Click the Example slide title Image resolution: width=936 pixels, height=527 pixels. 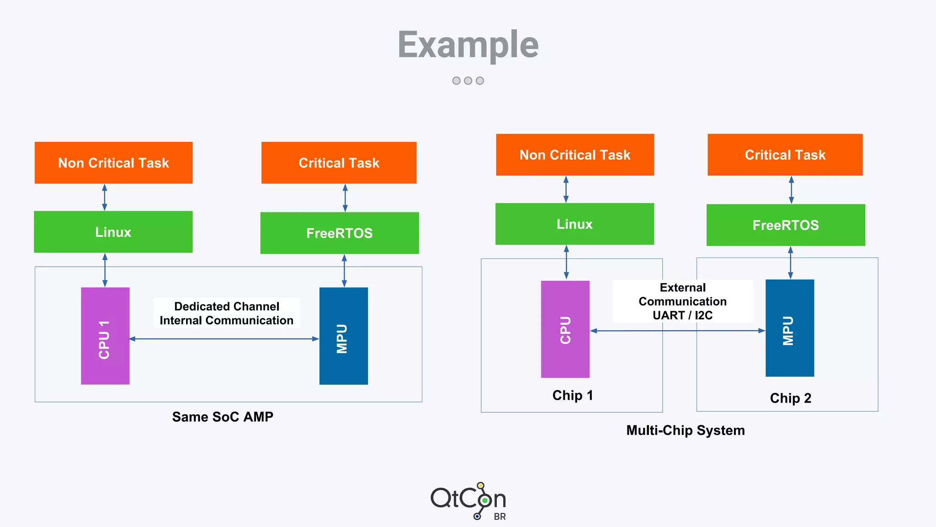[468, 44]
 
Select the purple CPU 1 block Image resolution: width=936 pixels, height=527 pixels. [105, 336]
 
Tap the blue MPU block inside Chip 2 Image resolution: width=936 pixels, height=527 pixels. [790, 328]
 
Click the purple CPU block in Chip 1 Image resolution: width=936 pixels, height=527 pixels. [565, 329]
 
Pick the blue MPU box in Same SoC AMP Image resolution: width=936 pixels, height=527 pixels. [344, 336]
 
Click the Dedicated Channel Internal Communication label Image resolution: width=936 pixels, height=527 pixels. [227, 313]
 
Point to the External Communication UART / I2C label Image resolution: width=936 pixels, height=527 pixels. [682, 301]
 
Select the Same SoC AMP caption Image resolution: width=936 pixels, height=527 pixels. [223, 417]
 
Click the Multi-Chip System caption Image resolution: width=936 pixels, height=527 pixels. [685, 430]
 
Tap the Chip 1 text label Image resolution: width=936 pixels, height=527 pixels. [572, 395]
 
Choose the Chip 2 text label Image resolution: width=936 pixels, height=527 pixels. [790, 398]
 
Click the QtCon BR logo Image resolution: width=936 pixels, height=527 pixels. [468, 501]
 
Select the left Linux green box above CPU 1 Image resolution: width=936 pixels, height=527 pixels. [113, 232]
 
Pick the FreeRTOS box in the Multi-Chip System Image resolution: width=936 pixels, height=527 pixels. [786, 225]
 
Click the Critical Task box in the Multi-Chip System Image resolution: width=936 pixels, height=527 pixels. [785, 155]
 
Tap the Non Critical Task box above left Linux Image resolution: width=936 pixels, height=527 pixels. [113, 163]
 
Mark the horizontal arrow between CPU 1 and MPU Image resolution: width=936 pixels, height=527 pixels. [224, 339]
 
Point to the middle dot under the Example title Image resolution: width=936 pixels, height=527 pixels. [468, 81]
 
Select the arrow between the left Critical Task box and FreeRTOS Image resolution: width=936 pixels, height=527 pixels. [345, 198]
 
